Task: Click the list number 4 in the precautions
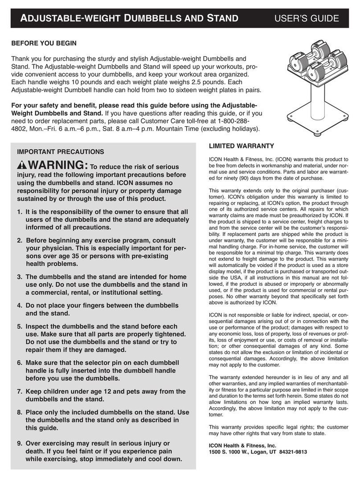(20, 306)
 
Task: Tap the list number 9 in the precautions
(20, 443)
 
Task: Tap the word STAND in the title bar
(221, 18)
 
